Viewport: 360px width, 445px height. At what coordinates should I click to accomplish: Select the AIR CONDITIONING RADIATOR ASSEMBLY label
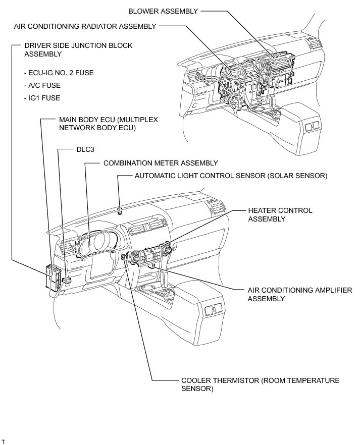click(85, 26)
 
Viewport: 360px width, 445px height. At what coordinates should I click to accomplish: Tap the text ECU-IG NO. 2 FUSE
click(59, 73)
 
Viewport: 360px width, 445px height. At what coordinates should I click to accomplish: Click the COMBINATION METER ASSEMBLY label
click(161, 163)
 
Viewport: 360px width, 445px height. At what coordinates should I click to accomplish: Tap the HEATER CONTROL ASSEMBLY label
click(280, 214)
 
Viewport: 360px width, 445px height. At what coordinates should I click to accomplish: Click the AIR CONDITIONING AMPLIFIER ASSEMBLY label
click(297, 295)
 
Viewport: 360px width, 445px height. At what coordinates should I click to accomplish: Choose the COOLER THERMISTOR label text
click(260, 384)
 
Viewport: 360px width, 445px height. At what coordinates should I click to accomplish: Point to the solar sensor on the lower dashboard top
click(119, 209)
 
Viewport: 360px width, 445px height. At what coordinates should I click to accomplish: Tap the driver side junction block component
click(55, 275)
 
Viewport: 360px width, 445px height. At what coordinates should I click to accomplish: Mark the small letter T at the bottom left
click(3, 440)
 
